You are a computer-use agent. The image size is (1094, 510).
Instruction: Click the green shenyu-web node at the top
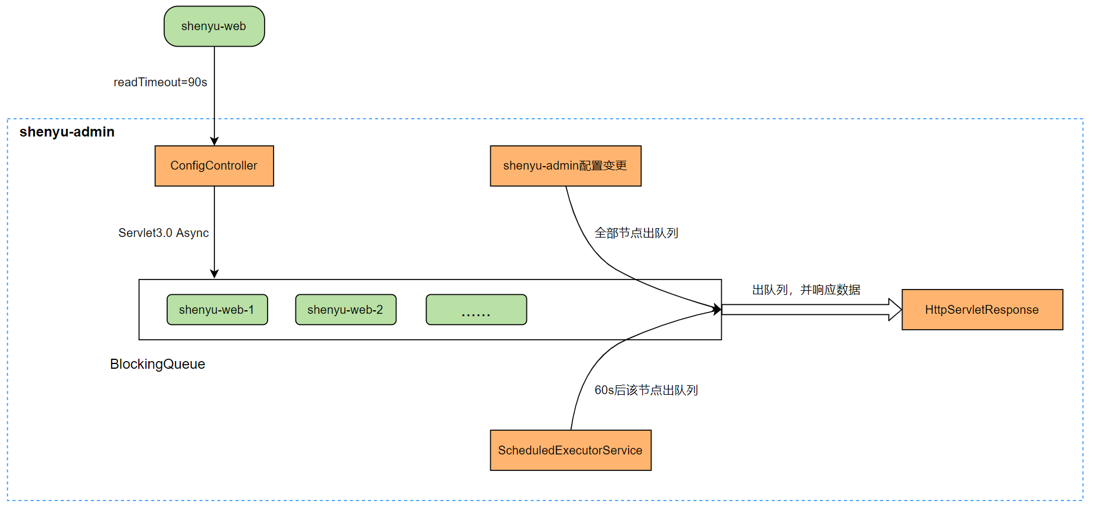pos(214,26)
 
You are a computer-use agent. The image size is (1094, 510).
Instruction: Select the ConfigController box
pos(214,166)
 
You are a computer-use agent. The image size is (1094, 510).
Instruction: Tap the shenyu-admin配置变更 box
pos(565,166)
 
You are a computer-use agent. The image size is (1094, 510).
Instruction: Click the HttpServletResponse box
pos(982,310)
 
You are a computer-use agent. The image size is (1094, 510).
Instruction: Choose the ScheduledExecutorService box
pos(570,450)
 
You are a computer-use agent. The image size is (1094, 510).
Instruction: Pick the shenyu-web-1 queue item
pos(217,310)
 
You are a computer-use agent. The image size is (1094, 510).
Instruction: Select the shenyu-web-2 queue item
pos(346,310)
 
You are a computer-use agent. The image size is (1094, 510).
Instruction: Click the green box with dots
pos(476,310)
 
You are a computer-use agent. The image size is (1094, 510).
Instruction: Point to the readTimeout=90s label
pos(160,82)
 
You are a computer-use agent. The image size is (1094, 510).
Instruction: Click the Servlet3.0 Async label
pos(164,233)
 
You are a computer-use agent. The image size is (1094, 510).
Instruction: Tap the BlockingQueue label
pos(157,364)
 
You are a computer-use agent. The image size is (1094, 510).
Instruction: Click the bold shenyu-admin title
pos(67,132)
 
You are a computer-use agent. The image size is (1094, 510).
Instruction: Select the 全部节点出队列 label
pos(636,233)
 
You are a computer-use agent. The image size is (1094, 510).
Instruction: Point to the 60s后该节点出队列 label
pos(646,390)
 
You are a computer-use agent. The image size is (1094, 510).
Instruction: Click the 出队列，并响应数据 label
pos(806,290)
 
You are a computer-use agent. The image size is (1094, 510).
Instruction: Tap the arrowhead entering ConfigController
pos(214,141)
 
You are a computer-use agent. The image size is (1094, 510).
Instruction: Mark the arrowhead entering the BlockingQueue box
pos(214,274)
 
